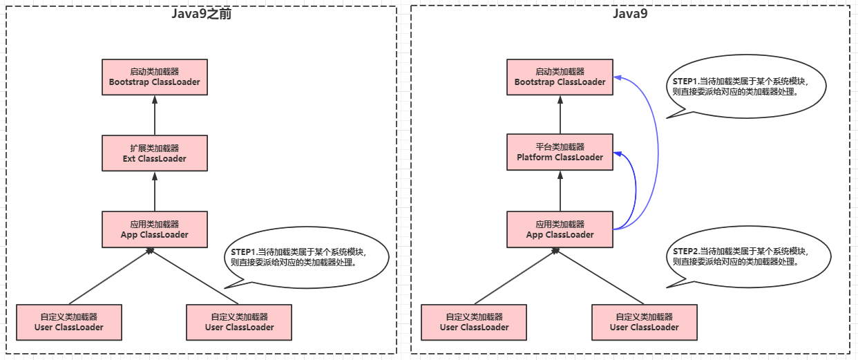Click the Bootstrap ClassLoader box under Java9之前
[154, 77]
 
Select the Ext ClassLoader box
[154, 153]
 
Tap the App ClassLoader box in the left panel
[154, 229]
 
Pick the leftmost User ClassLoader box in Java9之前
[68, 322]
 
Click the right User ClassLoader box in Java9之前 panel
[239, 322]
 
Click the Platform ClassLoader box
[560, 153]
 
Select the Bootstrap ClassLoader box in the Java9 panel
[560, 77]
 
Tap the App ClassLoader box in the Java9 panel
[560, 229]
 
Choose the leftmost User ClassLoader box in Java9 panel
[474, 322]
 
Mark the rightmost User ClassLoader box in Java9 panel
[644, 322]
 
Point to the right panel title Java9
[629, 14]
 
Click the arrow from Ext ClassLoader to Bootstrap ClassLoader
[154, 115]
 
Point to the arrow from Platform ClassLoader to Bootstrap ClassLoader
[560, 115]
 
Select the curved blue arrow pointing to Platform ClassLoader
[634, 190]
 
